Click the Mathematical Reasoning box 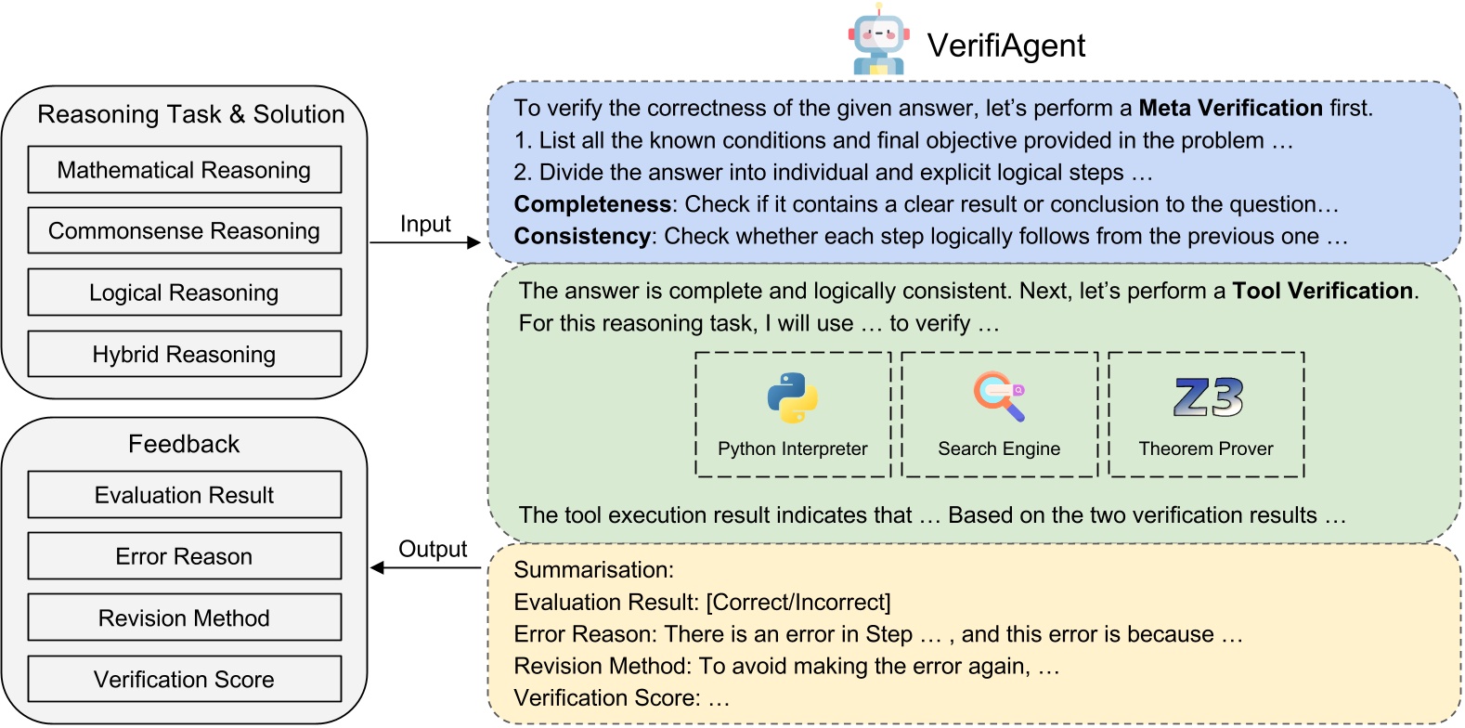click(184, 170)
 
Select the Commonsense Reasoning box click(184, 231)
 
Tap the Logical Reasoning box click(184, 292)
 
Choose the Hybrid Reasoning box click(184, 354)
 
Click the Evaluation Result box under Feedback click(184, 495)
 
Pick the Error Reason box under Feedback click(184, 556)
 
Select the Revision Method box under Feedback click(184, 617)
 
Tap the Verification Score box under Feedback click(184, 679)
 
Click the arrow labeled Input click(425, 242)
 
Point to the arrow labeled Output click(425, 567)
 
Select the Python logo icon click(792, 397)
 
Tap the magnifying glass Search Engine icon click(999, 396)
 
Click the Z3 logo click(1207, 397)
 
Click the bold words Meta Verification click(1230, 109)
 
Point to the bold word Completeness click(592, 204)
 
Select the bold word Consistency click(582, 237)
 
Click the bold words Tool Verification click(1322, 291)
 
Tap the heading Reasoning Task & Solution click(190, 114)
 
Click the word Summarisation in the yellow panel click(592, 570)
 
